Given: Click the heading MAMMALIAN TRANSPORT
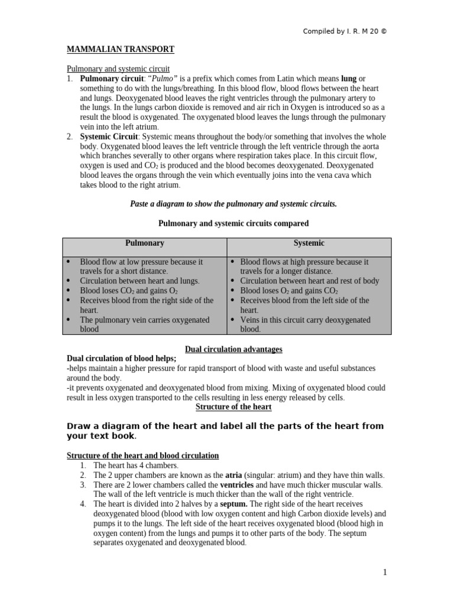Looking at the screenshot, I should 120,50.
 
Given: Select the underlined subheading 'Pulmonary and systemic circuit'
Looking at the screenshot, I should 118,69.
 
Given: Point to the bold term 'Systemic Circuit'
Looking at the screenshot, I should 108,136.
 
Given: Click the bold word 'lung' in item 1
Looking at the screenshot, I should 349,79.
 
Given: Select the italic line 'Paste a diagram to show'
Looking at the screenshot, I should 233,204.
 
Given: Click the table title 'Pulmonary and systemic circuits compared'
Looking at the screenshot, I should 234,223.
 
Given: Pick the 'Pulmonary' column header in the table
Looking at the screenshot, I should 144,243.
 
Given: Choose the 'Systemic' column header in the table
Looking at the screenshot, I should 309,243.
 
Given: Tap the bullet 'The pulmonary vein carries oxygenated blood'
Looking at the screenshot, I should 145,324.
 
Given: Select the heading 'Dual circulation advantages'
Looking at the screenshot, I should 234,349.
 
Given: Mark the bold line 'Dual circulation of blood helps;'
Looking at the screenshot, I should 122,359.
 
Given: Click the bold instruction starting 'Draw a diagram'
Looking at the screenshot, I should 225,431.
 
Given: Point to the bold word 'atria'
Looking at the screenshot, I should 234,475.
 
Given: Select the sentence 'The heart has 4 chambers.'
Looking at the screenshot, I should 136,466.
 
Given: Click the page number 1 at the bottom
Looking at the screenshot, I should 384,572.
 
